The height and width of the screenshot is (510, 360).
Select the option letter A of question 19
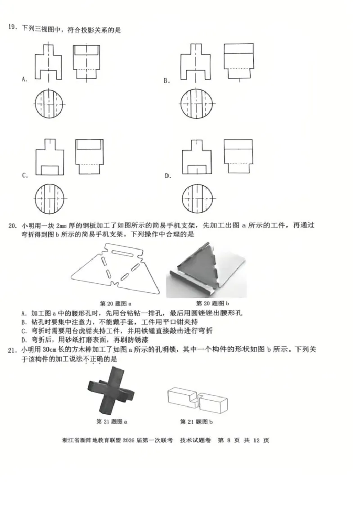pyautogui.click(x=24, y=80)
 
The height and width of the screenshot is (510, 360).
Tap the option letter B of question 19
pyautogui.click(x=166, y=81)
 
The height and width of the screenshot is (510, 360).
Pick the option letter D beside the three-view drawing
pyautogui.click(x=167, y=175)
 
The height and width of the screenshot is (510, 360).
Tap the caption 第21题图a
pyautogui.click(x=112, y=422)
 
